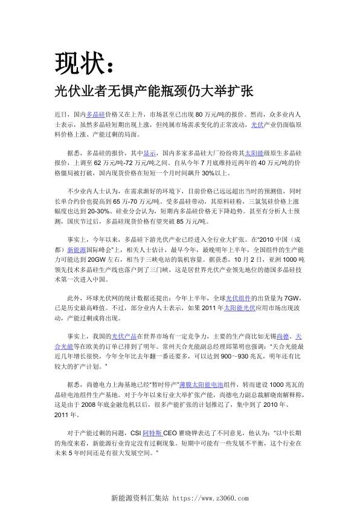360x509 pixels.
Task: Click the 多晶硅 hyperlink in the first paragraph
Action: [x=95, y=114]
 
